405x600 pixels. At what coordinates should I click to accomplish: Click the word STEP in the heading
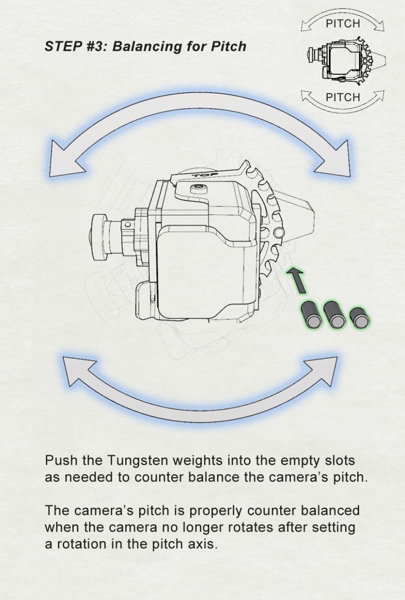[60, 46]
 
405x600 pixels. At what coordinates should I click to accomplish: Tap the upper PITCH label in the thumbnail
[342, 23]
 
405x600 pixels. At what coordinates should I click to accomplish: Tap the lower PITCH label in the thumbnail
[342, 97]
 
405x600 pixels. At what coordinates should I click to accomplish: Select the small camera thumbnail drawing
[345, 60]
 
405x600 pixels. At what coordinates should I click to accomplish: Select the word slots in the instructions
[338, 461]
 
